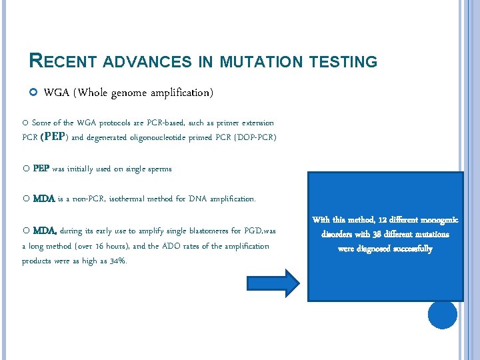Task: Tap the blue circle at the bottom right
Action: (x=442, y=314)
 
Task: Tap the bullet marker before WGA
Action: (x=33, y=93)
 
